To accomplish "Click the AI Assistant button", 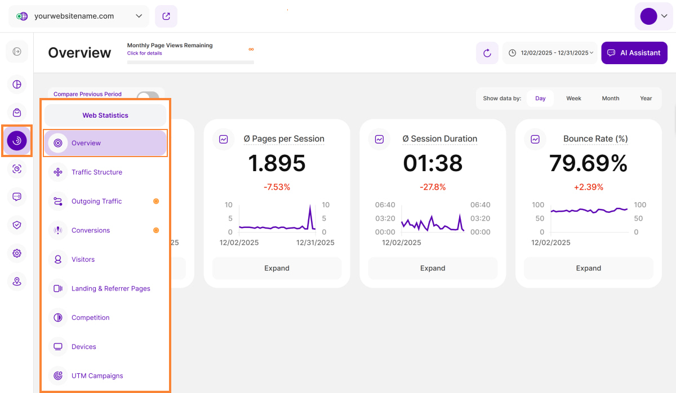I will point(634,53).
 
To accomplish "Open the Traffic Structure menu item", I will point(96,172).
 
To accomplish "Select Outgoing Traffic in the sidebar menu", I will point(96,202).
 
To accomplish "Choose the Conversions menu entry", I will point(91,230).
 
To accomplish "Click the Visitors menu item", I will point(83,260).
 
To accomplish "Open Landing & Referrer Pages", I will point(110,289).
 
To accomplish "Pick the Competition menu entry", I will point(90,318).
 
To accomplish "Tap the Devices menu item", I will point(83,347).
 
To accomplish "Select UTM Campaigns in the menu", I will point(97,376).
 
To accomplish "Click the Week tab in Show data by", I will point(573,99).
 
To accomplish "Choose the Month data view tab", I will point(610,99).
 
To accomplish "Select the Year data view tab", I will point(646,99).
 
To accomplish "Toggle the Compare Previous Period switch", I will point(148,95).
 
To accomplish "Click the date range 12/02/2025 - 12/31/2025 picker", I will point(550,53).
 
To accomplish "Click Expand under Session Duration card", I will point(433,269).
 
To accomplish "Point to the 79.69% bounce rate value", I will point(588,163).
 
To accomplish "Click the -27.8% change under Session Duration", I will point(433,187).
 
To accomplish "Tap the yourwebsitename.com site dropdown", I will point(79,16).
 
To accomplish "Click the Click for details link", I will point(144,53).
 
